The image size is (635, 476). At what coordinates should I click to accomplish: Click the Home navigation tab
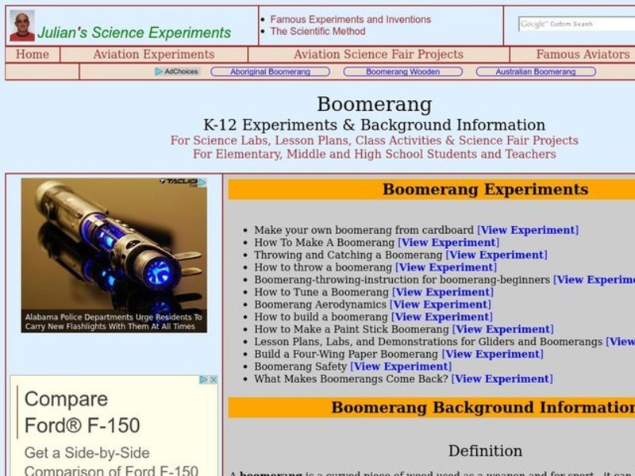[33, 55]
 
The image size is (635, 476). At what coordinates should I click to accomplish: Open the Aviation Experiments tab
[153, 55]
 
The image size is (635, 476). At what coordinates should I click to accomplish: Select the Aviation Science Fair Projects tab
[378, 55]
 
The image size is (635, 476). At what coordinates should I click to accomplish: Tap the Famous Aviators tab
[583, 55]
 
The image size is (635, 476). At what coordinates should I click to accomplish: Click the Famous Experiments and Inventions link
[350, 20]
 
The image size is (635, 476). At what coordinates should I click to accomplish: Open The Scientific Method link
[317, 32]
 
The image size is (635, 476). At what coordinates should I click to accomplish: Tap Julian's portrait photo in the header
[21, 25]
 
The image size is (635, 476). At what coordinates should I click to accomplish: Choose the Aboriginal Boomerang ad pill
[270, 71]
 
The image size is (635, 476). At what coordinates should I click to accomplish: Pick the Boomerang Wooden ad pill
[402, 71]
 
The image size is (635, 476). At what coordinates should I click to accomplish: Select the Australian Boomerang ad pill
[535, 71]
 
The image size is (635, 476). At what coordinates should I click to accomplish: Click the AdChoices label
[177, 71]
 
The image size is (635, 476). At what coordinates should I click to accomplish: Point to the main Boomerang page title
[374, 105]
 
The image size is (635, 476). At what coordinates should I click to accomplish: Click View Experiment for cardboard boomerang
[528, 230]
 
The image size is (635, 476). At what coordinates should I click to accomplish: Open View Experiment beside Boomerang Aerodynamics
[441, 305]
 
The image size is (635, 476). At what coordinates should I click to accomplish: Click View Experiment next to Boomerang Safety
[401, 367]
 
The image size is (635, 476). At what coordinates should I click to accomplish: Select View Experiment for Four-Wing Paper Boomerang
[493, 354]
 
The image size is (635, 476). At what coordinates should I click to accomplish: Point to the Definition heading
[485, 451]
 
